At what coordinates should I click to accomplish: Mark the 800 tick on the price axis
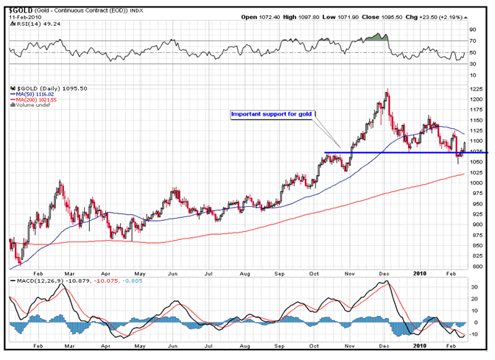click(x=477, y=266)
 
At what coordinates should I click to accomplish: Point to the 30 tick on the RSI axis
click(x=474, y=64)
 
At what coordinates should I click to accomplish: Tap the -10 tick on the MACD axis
click(x=476, y=334)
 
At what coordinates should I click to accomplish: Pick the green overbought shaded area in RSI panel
click(x=378, y=37)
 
